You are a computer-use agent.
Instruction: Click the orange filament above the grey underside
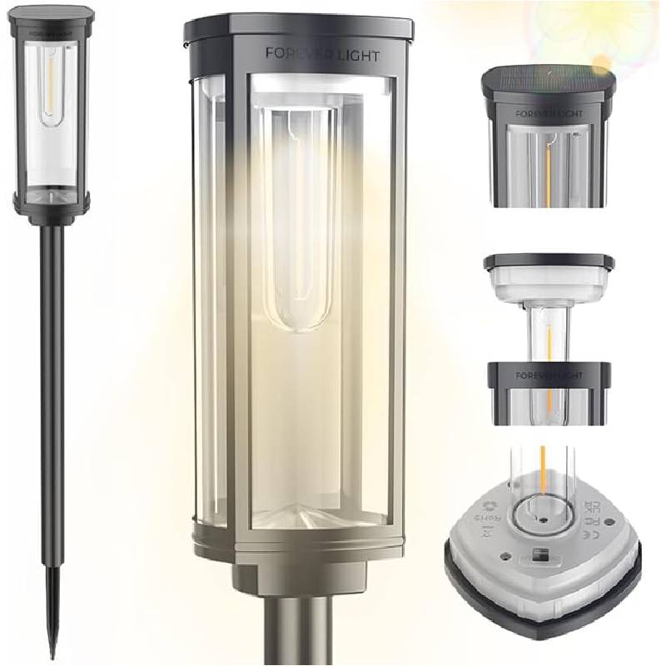coord(542,466)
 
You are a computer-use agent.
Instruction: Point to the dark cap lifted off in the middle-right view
coord(549,262)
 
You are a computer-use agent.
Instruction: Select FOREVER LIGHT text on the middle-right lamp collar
coord(549,376)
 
